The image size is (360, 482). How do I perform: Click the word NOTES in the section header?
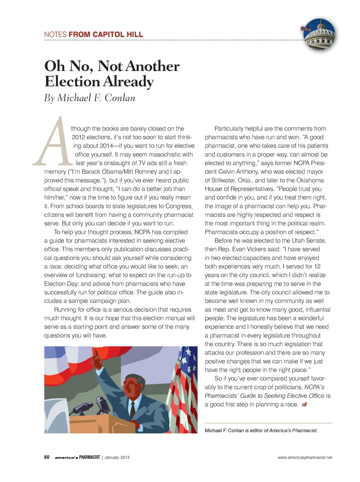click(55, 35)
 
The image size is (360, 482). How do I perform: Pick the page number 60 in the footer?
click(47, 457)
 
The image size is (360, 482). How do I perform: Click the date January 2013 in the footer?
click(117, 457)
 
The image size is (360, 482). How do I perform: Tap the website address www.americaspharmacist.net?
click(304, 457)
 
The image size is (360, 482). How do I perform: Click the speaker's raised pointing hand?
click(98, 361)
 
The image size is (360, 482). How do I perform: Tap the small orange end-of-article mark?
click(304, 405)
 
